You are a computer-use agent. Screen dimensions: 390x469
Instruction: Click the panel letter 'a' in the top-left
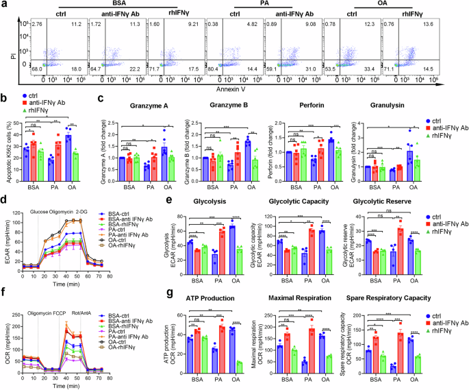coord(4,5)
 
